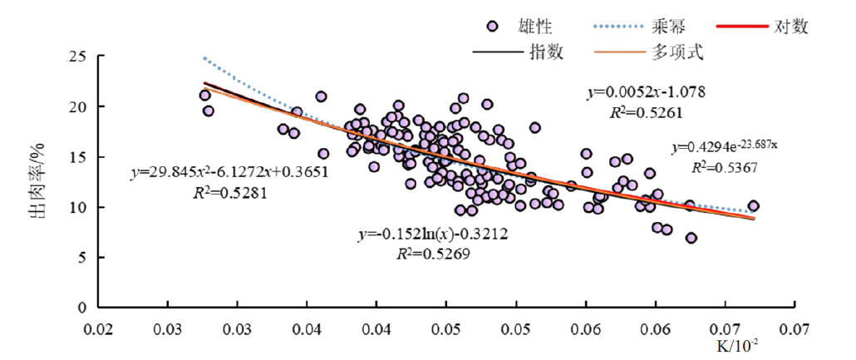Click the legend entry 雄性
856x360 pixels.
coord(533,27)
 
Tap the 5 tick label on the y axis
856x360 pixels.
coord(81,257)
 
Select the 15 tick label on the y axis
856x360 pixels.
coord(78,157)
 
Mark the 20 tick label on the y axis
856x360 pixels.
coord(78,107)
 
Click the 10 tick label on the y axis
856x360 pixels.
coord(78,207)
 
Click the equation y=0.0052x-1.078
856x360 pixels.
coord(646,91)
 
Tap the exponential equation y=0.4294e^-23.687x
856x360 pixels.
coord(725,148)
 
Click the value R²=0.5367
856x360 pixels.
coord(725,166)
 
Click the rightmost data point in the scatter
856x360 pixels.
coord(753,206)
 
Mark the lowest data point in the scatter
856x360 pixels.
coord(691,239)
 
